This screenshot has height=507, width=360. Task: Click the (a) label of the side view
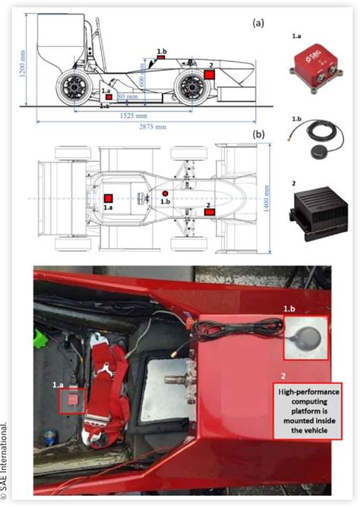258,23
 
